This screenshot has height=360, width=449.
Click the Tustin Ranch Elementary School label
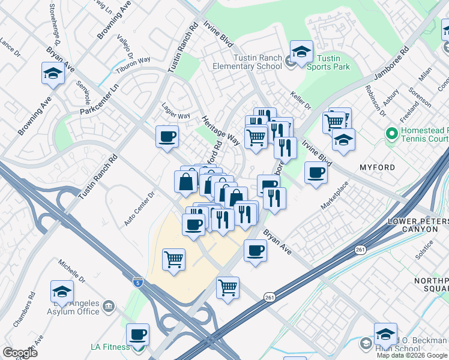pos(249,62)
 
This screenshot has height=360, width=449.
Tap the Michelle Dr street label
pos(73,272)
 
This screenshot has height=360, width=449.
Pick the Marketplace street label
pos(334,195)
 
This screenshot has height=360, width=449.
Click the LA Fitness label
pos(110,347)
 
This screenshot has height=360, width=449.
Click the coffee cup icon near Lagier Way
pos(167,136)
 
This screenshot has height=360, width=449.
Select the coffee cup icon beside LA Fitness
pos(137,334)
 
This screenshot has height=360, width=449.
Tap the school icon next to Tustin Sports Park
pos(301,51)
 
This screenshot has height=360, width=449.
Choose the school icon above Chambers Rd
pos(62,291)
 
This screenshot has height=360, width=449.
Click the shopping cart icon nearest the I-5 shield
pos(173,260)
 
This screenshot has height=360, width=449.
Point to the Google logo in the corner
pos(20,353)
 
